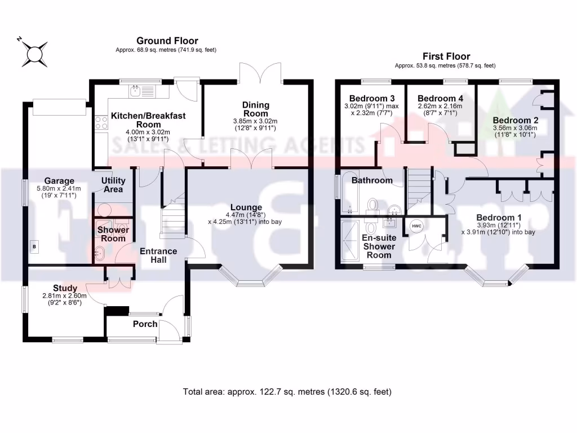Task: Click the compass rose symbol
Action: (x=33, y=51)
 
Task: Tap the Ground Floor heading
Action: (x=167, y=41)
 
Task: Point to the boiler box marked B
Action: (x=33, y=246)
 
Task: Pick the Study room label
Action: (x=65, y=288)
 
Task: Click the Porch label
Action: (x=145, y=324)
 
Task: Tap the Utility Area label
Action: (x=113, y=185)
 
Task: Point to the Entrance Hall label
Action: (x=158, y=255)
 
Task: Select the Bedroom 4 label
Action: (x=440, y=98)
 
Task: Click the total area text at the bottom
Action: (x=287, y=391)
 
